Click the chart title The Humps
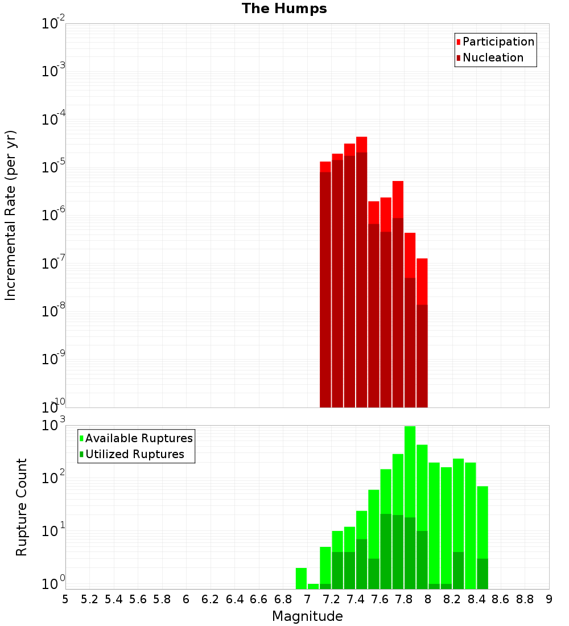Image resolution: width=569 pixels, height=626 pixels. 284,9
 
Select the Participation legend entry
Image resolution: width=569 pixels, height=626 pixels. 498,42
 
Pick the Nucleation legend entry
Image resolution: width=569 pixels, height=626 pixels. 493,57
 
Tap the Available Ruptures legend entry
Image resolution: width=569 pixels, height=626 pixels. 139,438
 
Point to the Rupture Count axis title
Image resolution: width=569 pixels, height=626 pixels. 22,507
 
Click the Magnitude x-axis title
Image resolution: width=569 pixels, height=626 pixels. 307,616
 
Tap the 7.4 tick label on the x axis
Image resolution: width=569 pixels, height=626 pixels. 356,599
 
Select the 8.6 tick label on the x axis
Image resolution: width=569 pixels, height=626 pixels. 501,599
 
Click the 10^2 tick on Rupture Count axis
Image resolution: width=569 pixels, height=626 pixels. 53,479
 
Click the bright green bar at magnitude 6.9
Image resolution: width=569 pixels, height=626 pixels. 301,578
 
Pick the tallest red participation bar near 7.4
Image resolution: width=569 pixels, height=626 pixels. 361,145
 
